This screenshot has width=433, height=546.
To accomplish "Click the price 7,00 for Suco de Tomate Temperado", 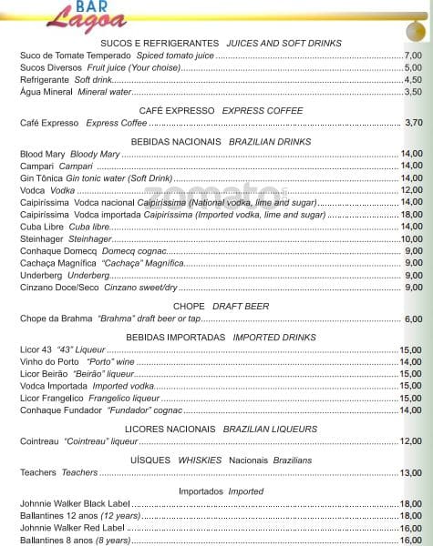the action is tap(412, 56).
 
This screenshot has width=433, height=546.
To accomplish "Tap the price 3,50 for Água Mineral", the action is tap(412, 91).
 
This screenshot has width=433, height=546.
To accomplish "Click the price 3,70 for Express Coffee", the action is tap(414, 123).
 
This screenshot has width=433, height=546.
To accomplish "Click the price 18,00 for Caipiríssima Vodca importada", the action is tap(411, 214).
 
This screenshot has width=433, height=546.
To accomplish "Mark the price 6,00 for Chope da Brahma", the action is tap(414, 318).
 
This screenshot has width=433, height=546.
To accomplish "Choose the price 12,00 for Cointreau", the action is tap(411, 440).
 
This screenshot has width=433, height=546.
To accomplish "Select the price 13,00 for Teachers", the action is tap(411, 472).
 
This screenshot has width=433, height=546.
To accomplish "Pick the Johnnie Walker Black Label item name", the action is tap(75, 503).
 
